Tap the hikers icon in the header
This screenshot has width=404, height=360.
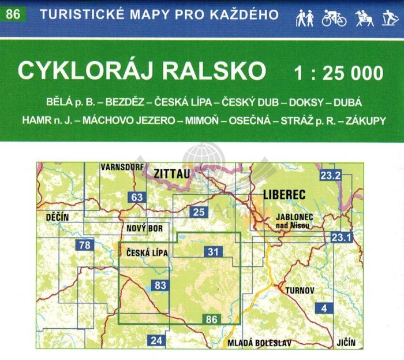point(305,18)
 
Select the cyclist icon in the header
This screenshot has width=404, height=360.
point(334,18)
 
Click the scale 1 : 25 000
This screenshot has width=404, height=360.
point(338,72)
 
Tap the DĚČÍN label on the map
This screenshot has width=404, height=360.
point(57,217)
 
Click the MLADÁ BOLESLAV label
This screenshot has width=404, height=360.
point(259,343)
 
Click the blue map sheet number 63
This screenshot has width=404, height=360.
point(137,198)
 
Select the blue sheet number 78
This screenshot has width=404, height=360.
point(85,246)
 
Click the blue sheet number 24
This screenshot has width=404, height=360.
point(156,340)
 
